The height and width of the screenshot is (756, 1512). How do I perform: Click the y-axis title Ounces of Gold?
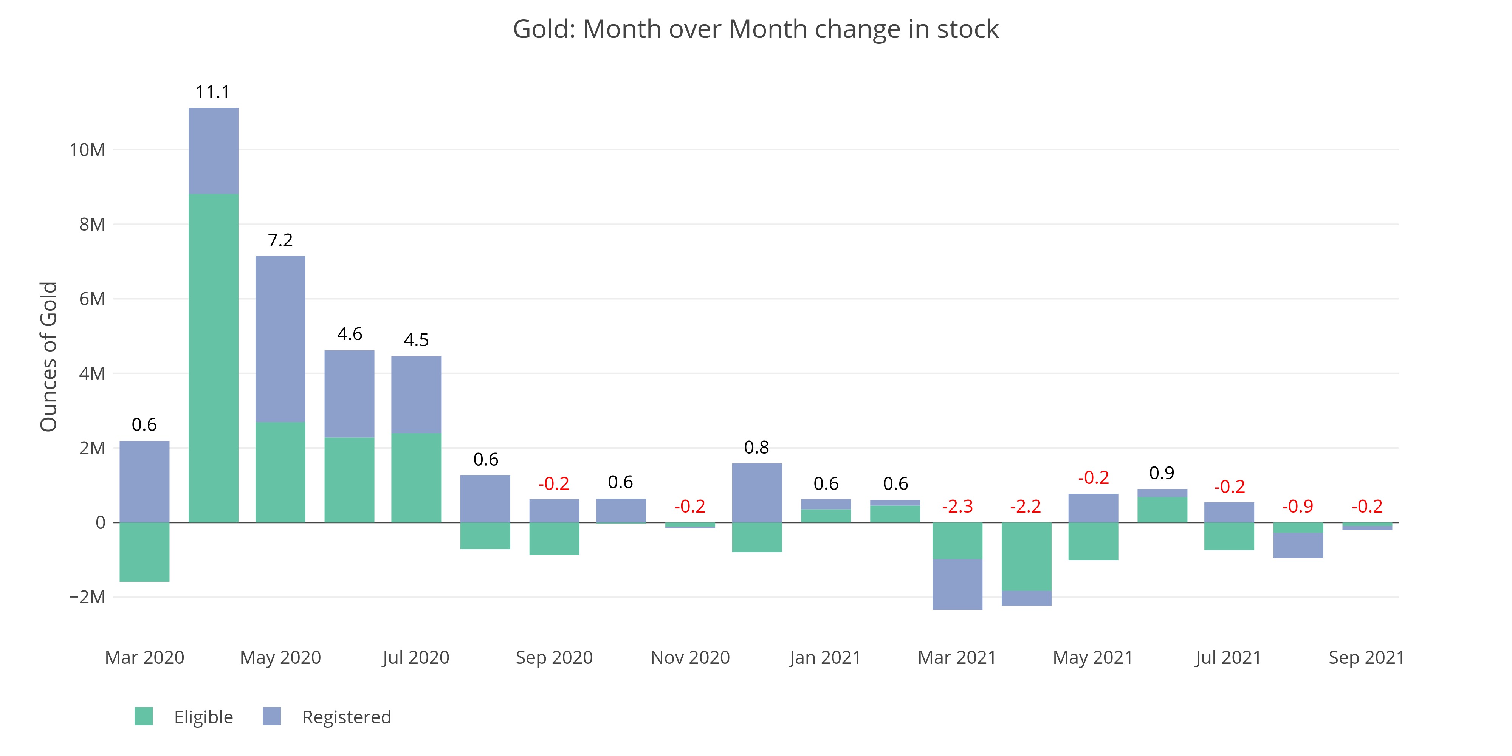pyautogui.click(x=49, y=356)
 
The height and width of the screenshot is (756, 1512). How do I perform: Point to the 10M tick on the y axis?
pyautogui.click(x=87, y=150)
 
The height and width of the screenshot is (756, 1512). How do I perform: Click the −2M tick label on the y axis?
pyautogui.click(x=87, y=597)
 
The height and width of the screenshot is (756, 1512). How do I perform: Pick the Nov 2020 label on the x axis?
pyautogui.click(x=690, y=657)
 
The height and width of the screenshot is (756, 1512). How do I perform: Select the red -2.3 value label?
pyautogui.click(x=957, y=506)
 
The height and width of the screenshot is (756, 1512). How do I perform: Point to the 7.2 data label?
pyautogui.click(x=280, y=240)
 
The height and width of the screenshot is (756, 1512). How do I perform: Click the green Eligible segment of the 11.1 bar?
pyautogui.click(x=214, y=358)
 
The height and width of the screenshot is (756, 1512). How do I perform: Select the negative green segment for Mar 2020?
pyautogui.click(x=144, y=552)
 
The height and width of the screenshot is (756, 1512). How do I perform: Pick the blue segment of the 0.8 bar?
pyautogui.click(x=757, y=493)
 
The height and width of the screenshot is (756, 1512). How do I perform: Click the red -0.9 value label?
pyautogui.click(x=1297, y=506)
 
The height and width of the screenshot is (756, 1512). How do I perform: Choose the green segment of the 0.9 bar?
pyautogui.click(x=1162, y=510)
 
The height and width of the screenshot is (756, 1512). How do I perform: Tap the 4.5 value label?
pyautogui.click(x=416, y=340)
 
